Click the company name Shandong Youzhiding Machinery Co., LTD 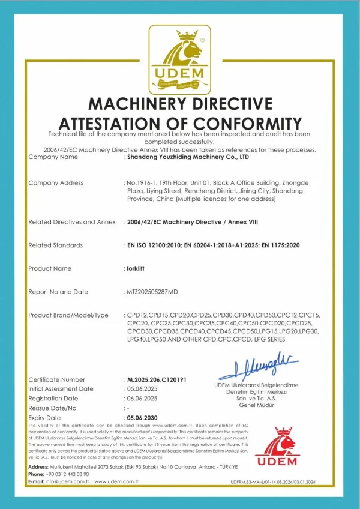pos(187,157)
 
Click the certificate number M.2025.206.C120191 pos(157,379)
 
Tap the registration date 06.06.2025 pos(141,399)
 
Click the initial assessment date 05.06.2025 pos(141,389)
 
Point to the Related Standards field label pos(56,245)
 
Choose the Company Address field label pos(56,183)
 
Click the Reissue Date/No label pos(53,408)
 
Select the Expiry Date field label pos(45,417)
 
